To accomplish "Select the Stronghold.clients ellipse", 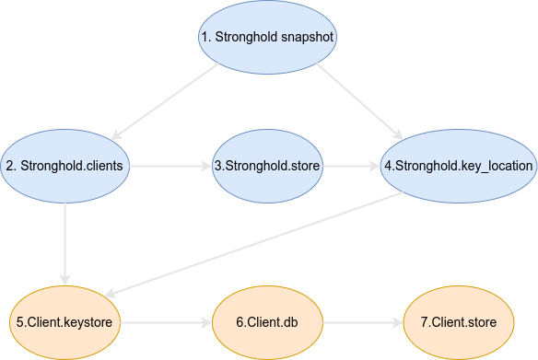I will [x=65, y=167].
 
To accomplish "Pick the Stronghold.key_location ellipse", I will [x=458, y=167].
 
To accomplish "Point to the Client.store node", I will [x=458, y=322].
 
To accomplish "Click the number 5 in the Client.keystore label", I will [x=18, y=322].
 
